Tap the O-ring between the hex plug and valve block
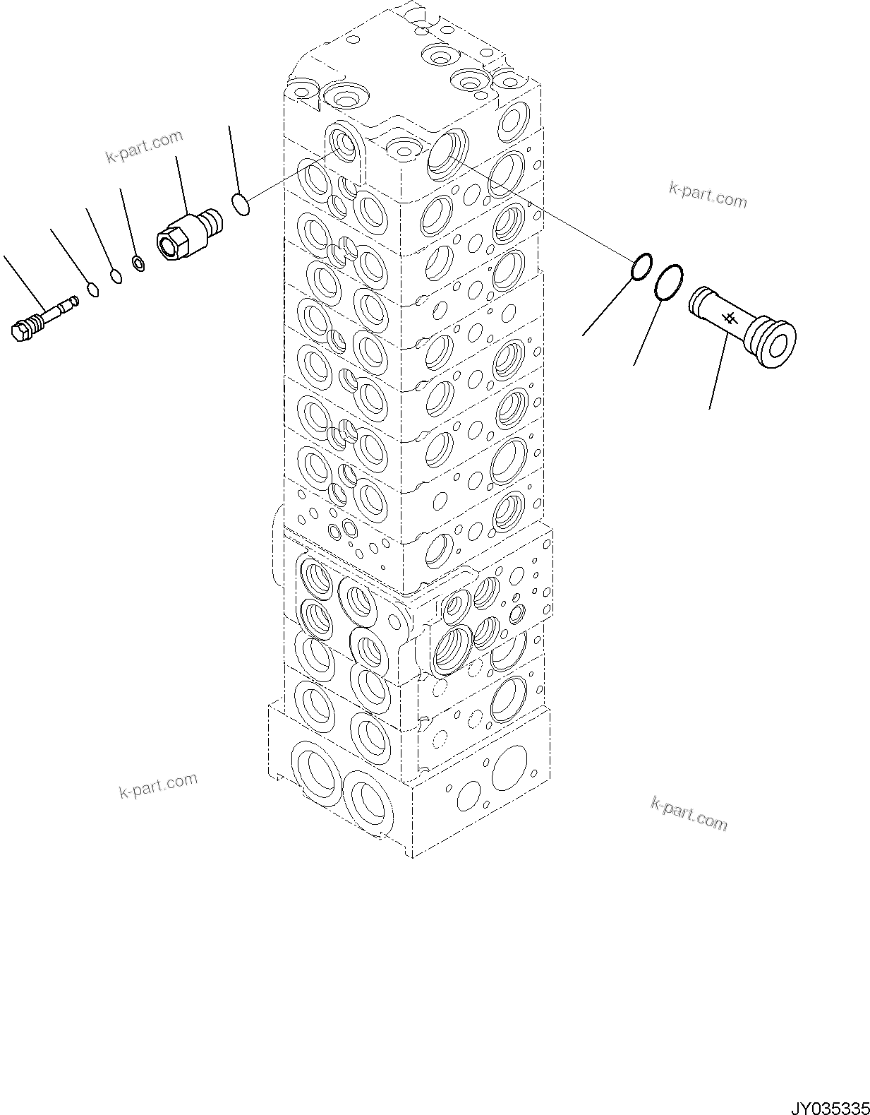click(x=241, y=206)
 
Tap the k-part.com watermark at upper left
click(x=144, y=146)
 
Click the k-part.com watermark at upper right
click(x=707, y=195)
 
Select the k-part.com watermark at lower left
click(x=158, y=785)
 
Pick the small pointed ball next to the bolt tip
click(x=91, y=287)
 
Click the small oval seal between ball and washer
click(x=115, y=275)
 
